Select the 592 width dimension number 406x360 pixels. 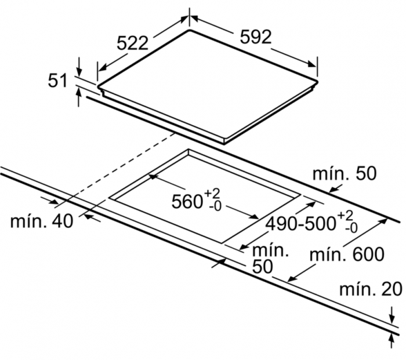click(x=255, y=37)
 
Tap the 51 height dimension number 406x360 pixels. click(x=58, y=81)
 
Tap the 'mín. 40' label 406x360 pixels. click(x=42, y=221)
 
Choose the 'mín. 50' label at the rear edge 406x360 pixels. click(x=344, y=173)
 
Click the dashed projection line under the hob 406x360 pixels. click(x=116, y=168)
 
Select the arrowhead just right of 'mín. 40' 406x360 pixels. click(x=89, y=217)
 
